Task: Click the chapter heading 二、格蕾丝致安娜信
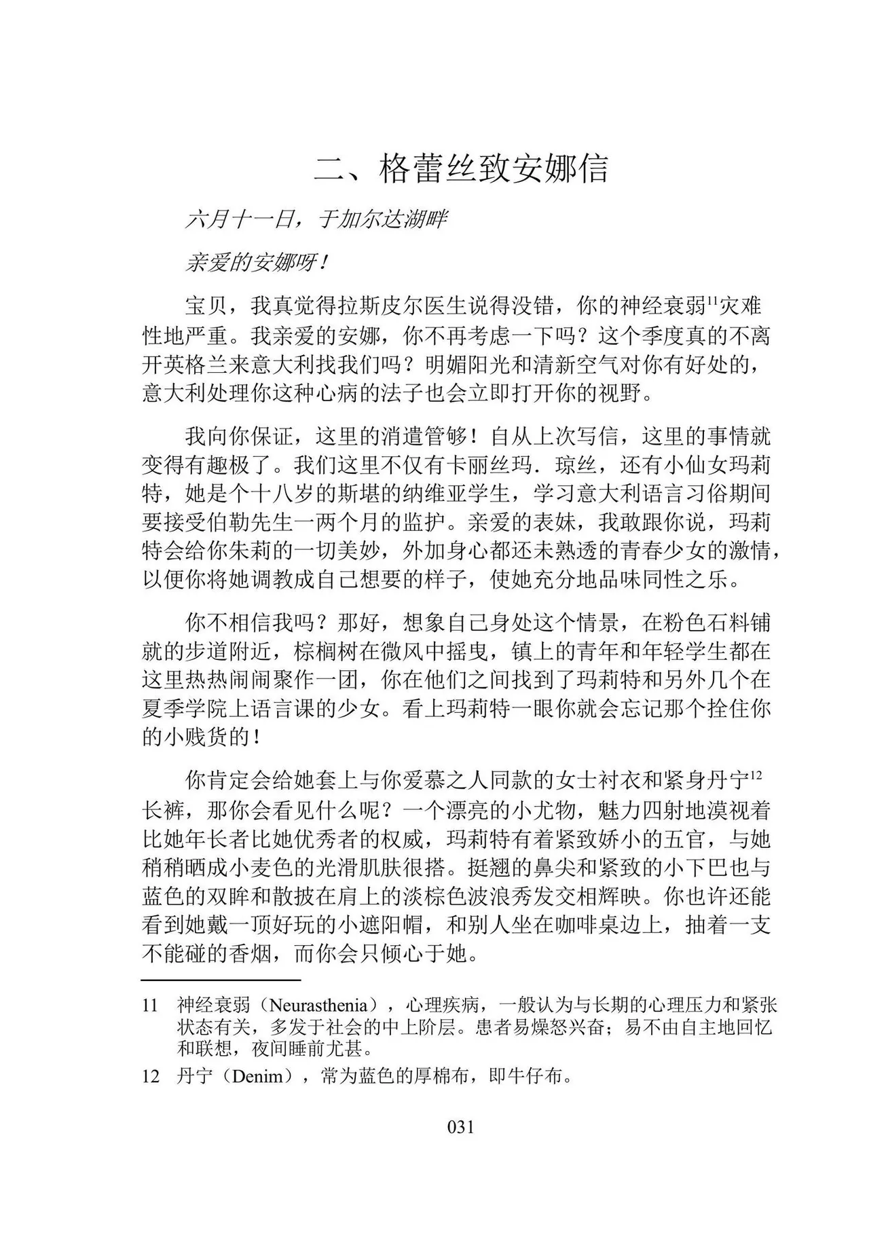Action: [461, 169]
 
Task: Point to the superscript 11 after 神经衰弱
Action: [713, 301]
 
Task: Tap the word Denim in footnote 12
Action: [257, 1077]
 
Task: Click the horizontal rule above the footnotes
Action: [221, 980]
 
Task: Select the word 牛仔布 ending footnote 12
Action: [538, 1077]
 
